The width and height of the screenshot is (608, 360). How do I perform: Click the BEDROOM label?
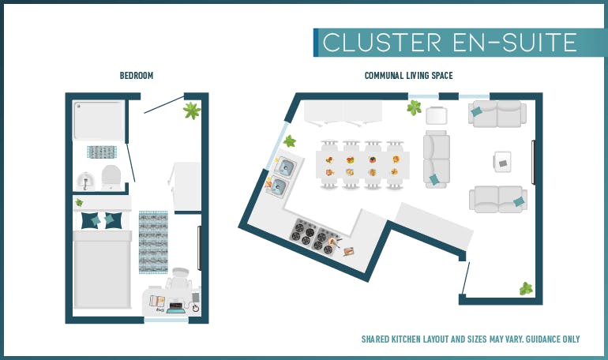click(137, 76)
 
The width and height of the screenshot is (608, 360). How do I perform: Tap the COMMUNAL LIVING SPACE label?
click(409, 76)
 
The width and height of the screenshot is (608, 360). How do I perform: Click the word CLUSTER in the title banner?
click(382, 43)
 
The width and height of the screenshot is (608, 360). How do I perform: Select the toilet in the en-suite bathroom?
click(111, 178)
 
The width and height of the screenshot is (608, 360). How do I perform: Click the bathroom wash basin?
click(86, 182)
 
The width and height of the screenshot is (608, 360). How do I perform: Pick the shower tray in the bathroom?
click(99, 120)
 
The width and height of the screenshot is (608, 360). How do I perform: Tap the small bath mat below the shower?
click(102, 152)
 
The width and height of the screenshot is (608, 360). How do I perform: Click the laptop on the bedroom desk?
click(176, 307)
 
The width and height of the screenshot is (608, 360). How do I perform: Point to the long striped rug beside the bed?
click(153, 242)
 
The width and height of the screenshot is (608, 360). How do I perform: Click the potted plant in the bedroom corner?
click(192, 111)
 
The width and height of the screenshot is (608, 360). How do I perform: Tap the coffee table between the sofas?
click(502, 162)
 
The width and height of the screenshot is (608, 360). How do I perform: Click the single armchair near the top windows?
click(437, 115)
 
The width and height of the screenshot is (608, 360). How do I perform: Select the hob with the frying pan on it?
click(326, 242)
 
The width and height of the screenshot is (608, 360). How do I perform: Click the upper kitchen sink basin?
click(285, 167)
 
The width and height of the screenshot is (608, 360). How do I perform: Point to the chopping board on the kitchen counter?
click(349, 251)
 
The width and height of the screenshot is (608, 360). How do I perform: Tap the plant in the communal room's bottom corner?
click(526, 289)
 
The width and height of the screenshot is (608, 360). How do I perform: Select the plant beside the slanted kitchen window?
click(289, 141)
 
